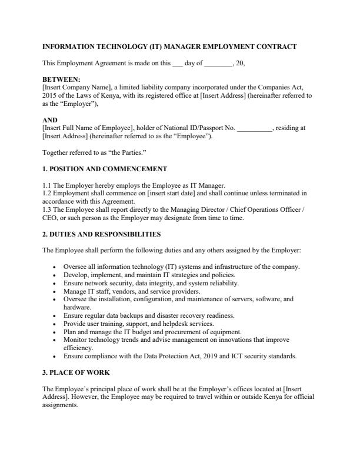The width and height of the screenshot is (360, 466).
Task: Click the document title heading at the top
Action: (x=169, y=46)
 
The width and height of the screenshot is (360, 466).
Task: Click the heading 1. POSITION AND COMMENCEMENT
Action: (x=105, y=169)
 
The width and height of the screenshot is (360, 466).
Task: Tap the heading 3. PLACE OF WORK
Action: (x=76, y=372)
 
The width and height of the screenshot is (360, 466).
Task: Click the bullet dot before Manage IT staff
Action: (x=54, y=291)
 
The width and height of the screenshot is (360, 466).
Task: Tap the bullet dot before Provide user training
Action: (x=54, y=324)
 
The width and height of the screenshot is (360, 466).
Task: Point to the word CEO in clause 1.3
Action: (x=51, y=218)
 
